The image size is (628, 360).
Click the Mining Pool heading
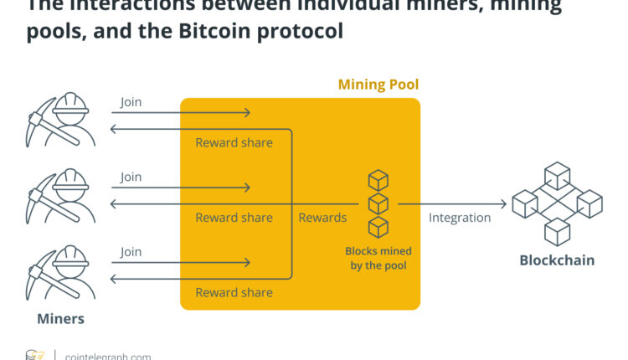tap(378, 85)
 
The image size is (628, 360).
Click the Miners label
tap(60, 319)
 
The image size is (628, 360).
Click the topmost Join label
tap(131, 102)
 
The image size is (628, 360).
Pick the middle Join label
tap(131, 177)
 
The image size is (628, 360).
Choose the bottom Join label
tap(131, 251)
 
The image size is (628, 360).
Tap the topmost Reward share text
tap(234, 142)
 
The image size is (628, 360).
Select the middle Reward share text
tap(234, 218)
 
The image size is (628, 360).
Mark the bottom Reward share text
tap(234, 292)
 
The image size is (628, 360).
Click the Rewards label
tap(322, 218)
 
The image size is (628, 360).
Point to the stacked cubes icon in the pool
tap(378, 203)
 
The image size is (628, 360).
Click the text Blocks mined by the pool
tap(378, 258)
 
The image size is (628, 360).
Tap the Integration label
tap(460, 218)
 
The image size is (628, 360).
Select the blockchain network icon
tap(557, 203)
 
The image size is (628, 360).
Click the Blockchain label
tap(557, 260)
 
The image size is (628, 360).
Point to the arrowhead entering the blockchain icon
tap(504, 203)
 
